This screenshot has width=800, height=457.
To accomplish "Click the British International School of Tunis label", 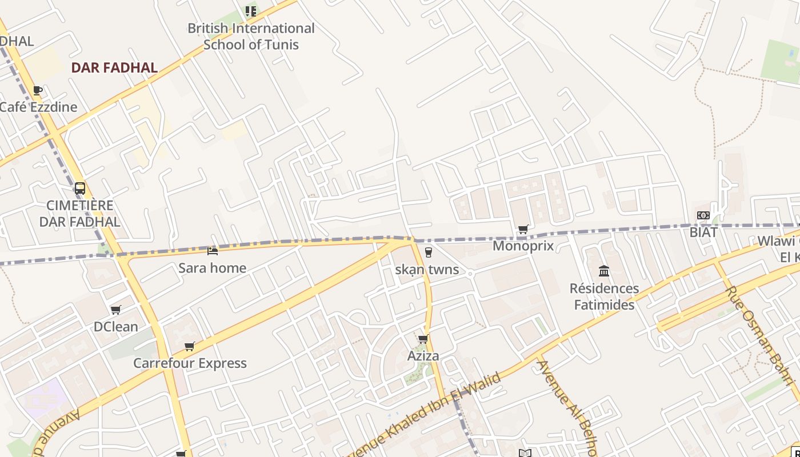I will point(251,36).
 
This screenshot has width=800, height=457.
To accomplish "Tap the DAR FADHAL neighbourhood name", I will point(114,68).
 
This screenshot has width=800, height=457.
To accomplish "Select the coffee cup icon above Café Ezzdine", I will point(38,90).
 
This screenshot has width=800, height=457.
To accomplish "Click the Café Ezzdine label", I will point(38,107).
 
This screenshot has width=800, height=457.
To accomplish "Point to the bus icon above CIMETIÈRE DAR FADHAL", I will point(80,188).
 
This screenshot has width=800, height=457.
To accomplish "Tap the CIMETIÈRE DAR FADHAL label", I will point(80,214).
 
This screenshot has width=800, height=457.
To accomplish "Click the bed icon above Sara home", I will point(213,251).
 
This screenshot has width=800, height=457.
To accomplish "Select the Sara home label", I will point(213,268).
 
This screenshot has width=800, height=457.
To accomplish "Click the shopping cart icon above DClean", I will point(116,310).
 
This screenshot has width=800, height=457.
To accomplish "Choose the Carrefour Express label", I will point(190,363).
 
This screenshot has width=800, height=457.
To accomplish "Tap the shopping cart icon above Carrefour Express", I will point(190,346).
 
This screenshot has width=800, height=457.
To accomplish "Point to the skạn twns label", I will point(427,270).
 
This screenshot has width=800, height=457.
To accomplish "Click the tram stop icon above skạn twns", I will point(428,252).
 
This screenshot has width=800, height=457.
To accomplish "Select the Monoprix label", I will point(523,246).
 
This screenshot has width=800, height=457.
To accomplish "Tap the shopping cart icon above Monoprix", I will point(523,230).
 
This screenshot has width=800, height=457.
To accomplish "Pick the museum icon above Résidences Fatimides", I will point(604,271).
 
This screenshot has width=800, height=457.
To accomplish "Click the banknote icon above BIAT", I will point(703,215).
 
